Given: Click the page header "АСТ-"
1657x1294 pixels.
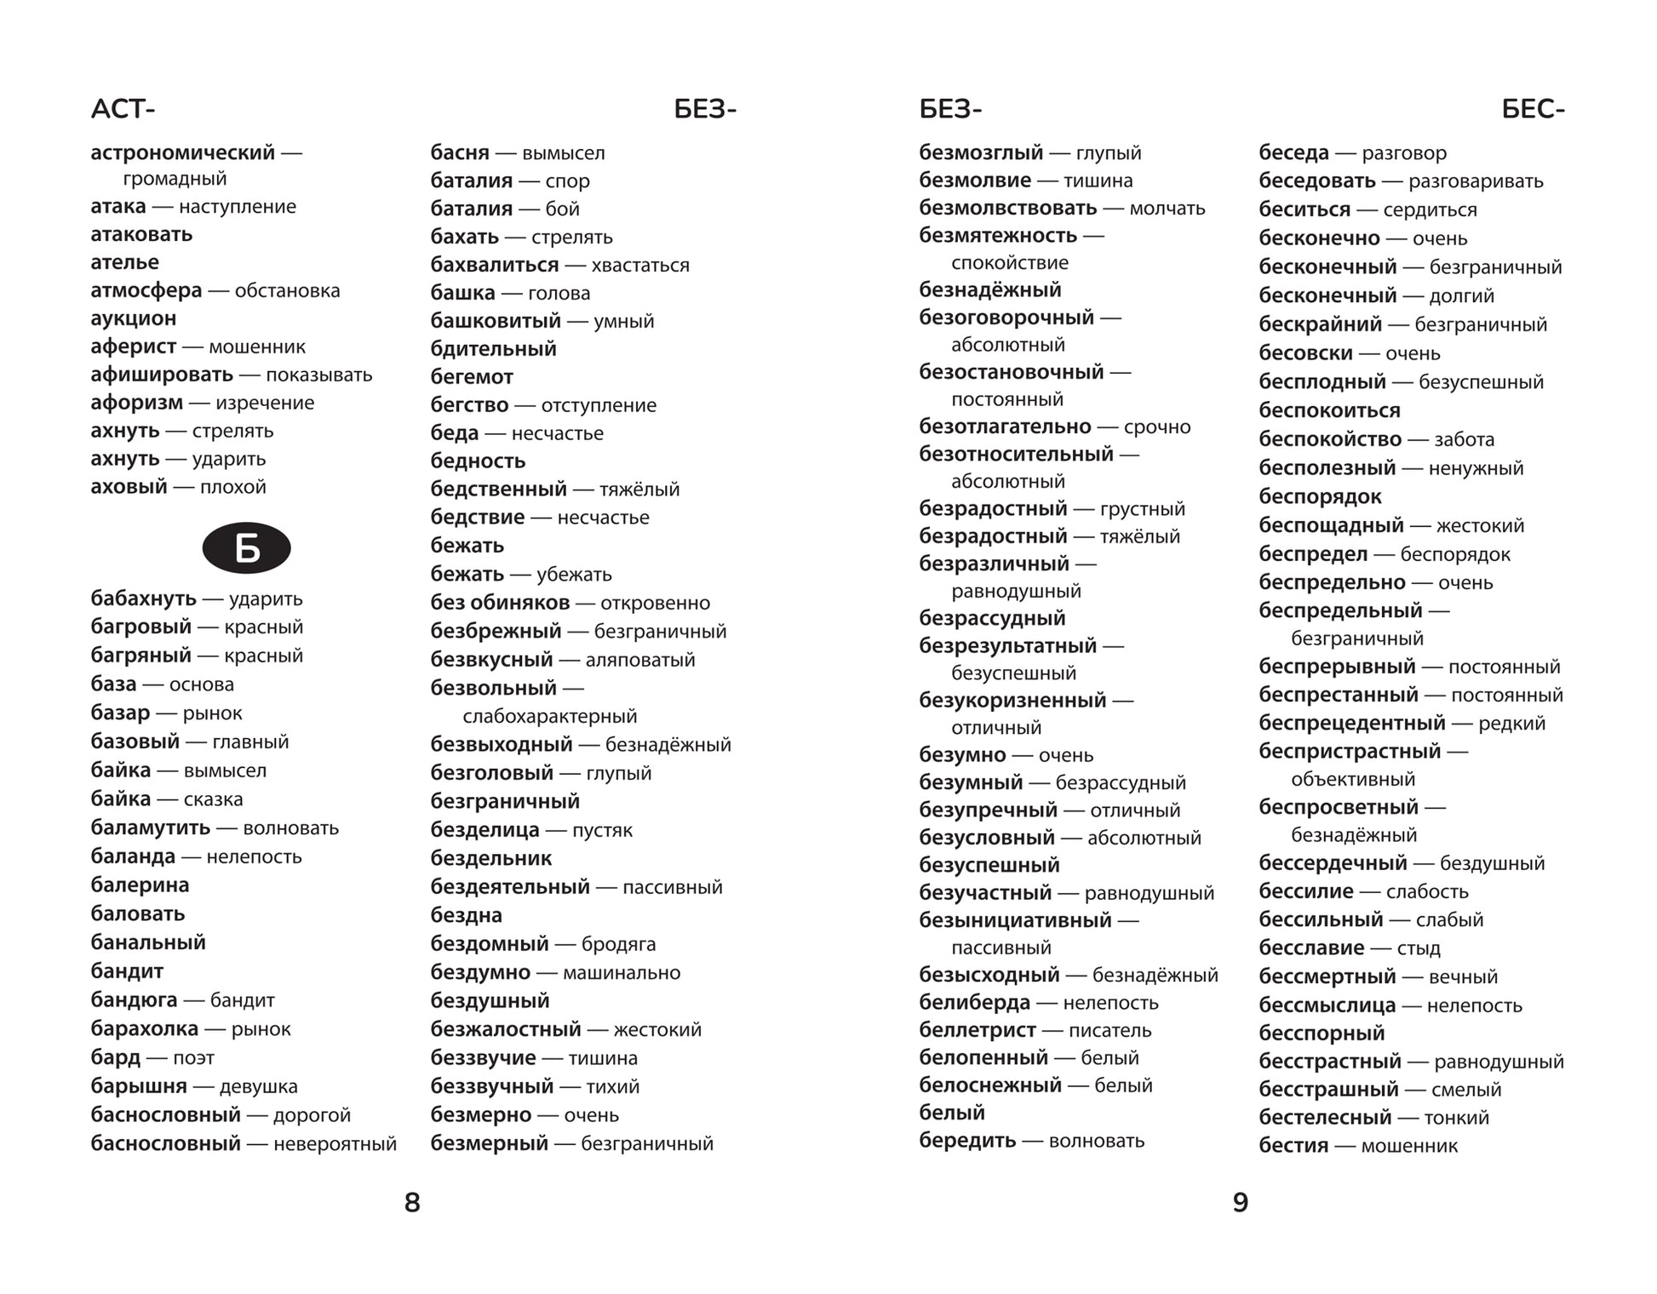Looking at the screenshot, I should tap(123, 109).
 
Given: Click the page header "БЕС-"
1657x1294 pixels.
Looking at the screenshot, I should tap(1533, 109).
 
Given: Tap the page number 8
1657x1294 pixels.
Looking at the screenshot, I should tap(412, 1202).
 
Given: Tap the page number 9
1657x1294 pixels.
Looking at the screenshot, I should tap(1241, 1202).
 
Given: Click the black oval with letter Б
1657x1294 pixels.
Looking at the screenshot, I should tap(246, 548).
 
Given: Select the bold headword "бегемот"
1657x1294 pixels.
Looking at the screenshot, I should tap(472, 377).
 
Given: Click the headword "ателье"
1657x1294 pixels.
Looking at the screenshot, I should tap(124, 262).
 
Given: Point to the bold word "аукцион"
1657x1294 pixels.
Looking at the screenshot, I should tap(134, 318).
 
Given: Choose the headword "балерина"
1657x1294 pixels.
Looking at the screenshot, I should tap(140, 885).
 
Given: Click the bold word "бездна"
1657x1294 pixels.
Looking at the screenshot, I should tap(466, 916).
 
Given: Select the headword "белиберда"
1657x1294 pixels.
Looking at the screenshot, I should tap(974, 1003).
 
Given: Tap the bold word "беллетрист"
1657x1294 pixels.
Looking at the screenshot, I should tap(978, 1030).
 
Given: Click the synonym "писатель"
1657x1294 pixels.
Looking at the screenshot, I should tap(1109, 1031).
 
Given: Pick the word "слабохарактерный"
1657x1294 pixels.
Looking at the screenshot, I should tap(549, 717).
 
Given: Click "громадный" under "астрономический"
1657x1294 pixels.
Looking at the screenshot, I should tap(175, 179).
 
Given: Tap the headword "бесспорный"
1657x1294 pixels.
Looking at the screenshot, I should tap(1322, 1033).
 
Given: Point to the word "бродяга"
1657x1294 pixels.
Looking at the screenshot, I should tap(618, 944).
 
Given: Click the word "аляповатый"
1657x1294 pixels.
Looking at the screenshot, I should tap(639, 660).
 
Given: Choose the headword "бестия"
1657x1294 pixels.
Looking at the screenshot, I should tap(1293, 1146).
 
